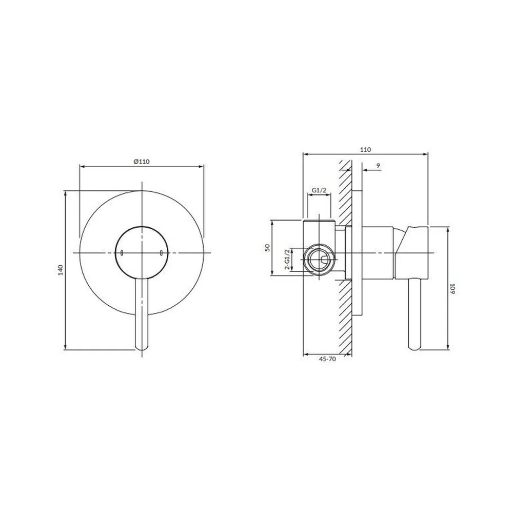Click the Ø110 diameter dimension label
pos(142,161)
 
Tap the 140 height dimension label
pos(61,270)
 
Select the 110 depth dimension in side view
pos(365,149)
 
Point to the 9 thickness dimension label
pos(378,166)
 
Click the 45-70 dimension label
pos(327,359)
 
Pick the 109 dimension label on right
pos(452,288)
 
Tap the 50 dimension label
pos(267,248)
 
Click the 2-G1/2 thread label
pos(287,260)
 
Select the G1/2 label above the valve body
pos(319,190)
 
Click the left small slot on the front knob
pos(122,253)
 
